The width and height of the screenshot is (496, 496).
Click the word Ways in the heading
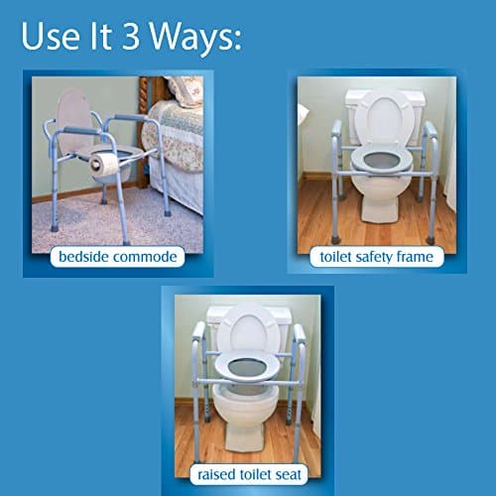[x=195, y=37]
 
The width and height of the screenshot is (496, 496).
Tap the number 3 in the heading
[x=131, y=36]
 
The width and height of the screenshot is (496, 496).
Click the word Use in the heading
[x=51, y=36]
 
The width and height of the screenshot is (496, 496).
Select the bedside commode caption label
[x=117, y=257]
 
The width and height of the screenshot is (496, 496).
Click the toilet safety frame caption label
[x=377, y=257]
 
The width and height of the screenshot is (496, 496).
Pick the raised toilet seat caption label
[x=249, y=474]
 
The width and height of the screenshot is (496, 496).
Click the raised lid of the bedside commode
[x=75, y=121]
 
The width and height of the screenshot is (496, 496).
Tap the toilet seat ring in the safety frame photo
[x=382, y=161]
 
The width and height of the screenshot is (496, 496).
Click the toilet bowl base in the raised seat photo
[x=245, y=416]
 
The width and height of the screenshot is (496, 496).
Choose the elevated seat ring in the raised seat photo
[x=248, y=367]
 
